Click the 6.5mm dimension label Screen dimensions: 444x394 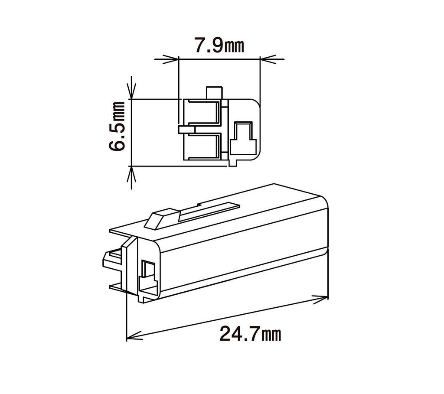click(x=117, y=127)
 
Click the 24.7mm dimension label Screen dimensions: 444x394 click(x=250, y=334)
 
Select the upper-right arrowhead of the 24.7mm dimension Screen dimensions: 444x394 click(x=320, y=299)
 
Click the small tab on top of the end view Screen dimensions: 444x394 click(x=214, y=93)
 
